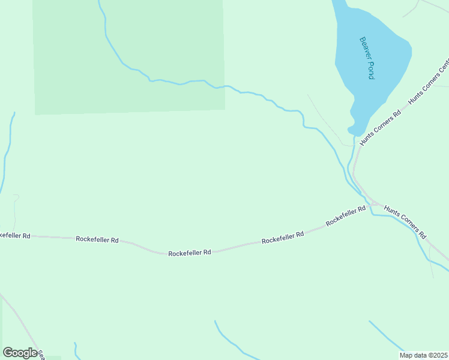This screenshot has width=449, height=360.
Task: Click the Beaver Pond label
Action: (x=367, y=58)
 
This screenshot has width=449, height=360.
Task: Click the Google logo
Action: (x=20, y=353)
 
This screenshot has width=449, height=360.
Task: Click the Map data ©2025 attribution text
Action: (x=423, y=355)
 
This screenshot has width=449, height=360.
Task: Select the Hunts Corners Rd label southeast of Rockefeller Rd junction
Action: (x=405, y=222)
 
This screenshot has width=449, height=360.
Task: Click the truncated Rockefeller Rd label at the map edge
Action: (x=14, y=235)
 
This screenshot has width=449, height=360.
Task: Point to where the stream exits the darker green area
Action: (x=224, y=86)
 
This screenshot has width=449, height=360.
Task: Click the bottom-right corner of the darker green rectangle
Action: (x=225, y=109)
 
